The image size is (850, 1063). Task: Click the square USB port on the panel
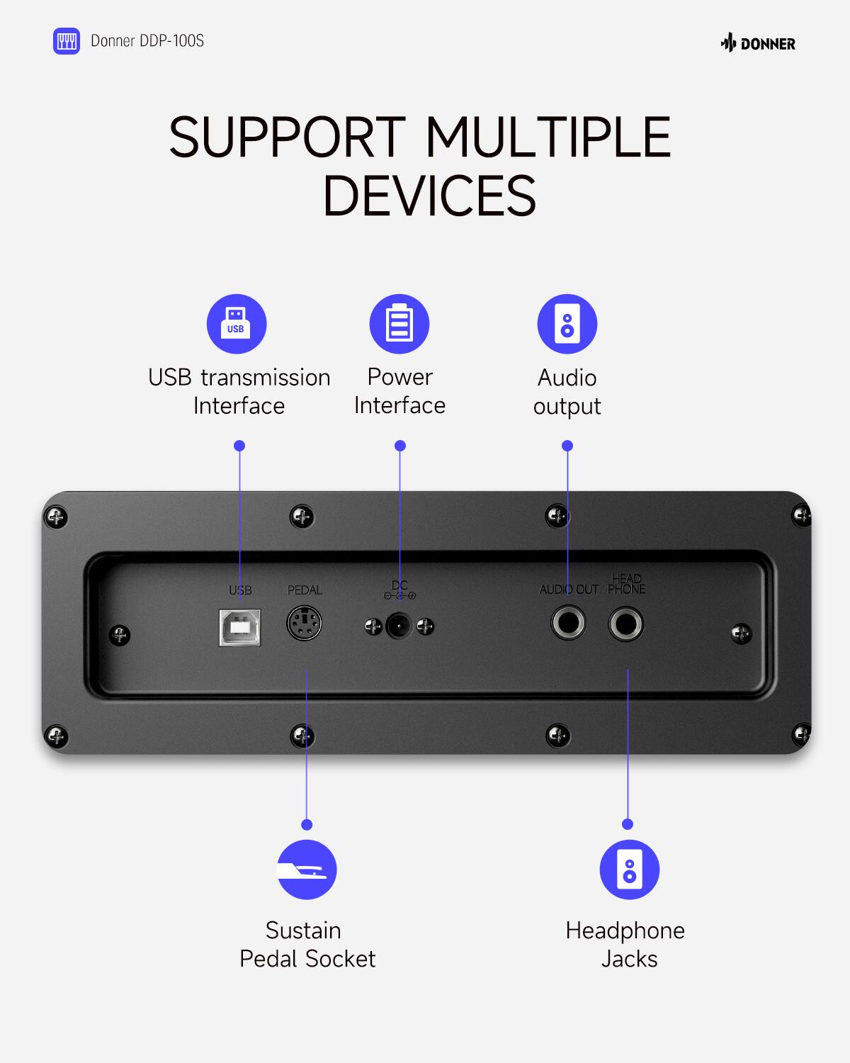click(240, 627)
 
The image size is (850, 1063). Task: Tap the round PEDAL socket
click(305, 624)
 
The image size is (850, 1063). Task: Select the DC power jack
click(399, 626)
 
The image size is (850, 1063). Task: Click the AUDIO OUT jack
click(568, 624)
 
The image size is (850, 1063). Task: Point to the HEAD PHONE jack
click(626, 624)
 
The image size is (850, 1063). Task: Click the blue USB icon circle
click(237, 324)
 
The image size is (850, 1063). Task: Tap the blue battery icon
click(399, 324)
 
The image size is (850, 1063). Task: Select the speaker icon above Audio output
click(567, 324)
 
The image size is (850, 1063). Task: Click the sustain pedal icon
click(307, 870)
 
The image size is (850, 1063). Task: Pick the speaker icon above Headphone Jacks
click(629, 870)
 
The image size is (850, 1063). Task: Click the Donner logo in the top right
click(758, 44)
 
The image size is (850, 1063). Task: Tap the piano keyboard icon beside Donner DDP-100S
click(67, 41)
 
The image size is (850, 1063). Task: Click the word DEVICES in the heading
click(429, 196)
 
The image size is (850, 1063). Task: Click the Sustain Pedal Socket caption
click(307, 945)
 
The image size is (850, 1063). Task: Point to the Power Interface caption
click(399, 391)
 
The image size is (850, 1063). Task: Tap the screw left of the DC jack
click(373, 626)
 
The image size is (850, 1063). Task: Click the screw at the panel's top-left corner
click(56, 517)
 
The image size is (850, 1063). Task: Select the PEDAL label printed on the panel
click(305, 590)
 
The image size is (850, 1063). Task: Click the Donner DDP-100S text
click(147, 41)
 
